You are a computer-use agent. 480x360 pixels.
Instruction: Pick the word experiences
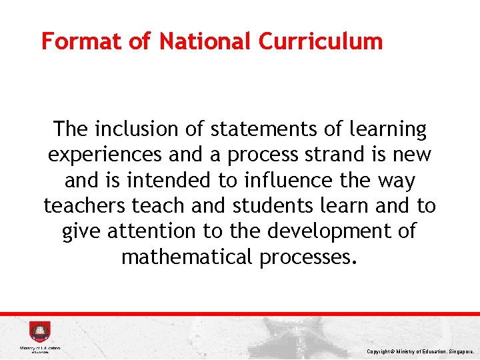coord(105,155)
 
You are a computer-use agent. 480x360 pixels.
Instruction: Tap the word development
coord(325,231)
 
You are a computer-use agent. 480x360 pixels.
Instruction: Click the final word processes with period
coord(309,257)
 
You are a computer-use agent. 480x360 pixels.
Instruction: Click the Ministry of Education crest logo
coord(39,332)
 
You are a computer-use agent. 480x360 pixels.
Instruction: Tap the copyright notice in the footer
coord(420,351)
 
